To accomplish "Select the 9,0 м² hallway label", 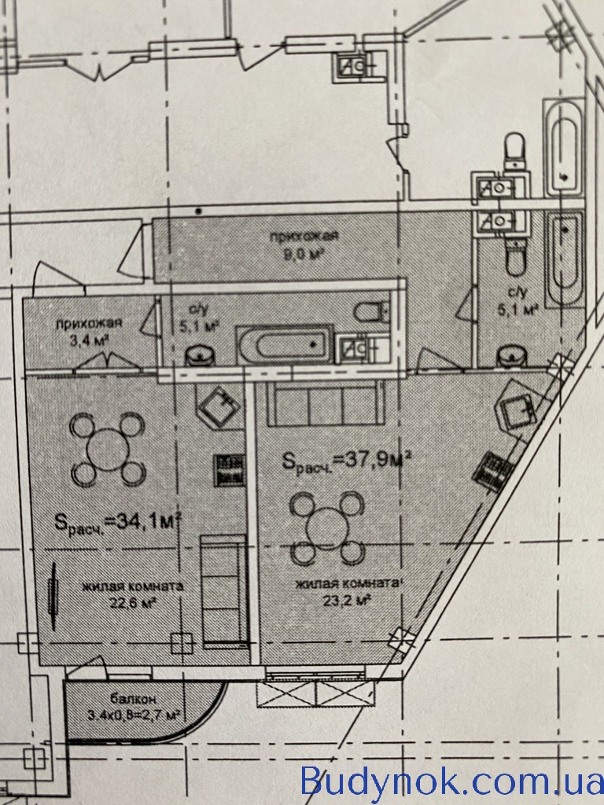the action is [x=304, y=244].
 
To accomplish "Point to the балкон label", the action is [x=132, y=698].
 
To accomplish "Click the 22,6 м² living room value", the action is [x=132, y=602].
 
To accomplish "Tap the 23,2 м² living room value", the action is [x=347, y=600].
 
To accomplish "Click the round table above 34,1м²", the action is [x=107, y=450].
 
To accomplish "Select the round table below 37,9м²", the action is [x=327, y=528].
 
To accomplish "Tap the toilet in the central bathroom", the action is [x=372, y=311].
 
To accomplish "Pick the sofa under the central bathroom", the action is [x=326, y=403].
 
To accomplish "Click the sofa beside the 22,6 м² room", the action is [x=224, y=591].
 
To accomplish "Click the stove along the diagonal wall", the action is [x=492, y=472].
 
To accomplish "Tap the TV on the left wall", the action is [x=53, y=596].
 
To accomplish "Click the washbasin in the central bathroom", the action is [x=200, y=356].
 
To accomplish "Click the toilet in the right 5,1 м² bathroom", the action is [x=515, y=259].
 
